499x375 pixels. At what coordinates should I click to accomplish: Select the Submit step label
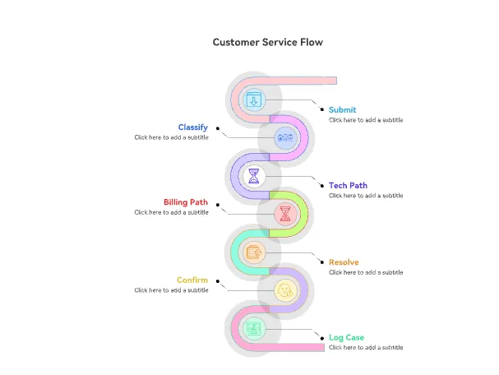pos(342,109)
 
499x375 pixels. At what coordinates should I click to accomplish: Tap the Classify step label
pos(192,127)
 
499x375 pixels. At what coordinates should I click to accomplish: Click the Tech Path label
pos(348,185)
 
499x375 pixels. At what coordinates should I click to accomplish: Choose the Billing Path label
pos(185,202)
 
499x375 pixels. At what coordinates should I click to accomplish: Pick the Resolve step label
pos(344,262)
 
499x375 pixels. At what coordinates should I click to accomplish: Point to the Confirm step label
pos(192,280)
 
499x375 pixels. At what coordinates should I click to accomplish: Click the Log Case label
pos(346,337)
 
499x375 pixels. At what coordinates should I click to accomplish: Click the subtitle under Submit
pos(366,120)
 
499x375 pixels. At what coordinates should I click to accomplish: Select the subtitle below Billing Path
pos(171,212)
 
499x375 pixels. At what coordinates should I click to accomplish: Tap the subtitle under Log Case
pos(366,347)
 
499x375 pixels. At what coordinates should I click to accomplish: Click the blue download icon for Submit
pos(253,100)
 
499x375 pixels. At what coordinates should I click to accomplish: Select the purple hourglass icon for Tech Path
pos(253,175)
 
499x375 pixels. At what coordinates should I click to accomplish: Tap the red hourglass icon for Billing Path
pos(284,215)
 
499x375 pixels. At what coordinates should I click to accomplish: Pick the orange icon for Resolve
pos(253,252)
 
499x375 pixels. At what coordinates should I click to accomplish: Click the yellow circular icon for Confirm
pos(284,289)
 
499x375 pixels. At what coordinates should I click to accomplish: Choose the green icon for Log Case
pos(253,329)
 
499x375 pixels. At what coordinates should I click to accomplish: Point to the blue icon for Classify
pos(284,137)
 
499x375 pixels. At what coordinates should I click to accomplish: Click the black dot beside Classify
pos(217,128)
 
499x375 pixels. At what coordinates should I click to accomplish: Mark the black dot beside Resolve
pos(321,262)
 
